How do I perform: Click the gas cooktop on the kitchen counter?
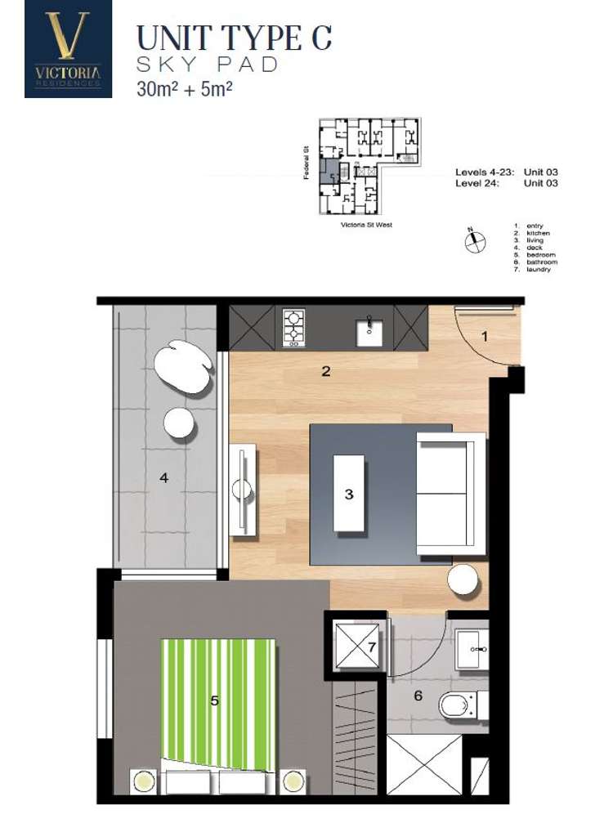click(x=293, y=328)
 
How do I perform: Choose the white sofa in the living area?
click(x=450, y=494)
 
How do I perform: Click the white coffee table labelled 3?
click(x=349, y=494)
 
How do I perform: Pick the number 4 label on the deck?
click(x=164, y=478)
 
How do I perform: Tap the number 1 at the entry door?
click(x=485, y=336)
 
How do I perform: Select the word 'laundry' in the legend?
click(x=539, y=269)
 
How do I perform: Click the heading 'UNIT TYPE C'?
click(x=234, y=38)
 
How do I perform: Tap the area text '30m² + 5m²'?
click(x=185, y=87)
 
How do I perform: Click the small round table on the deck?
click(x=178, y=422)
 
